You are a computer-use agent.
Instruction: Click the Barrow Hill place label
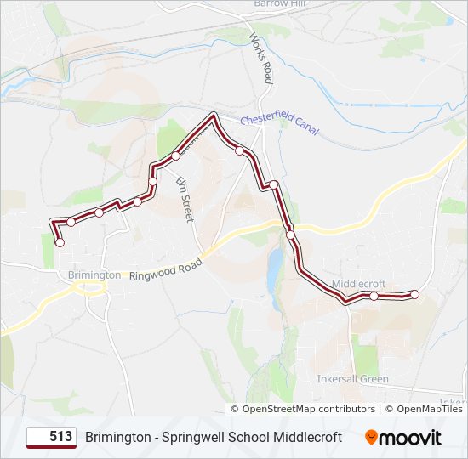tap(280, 3)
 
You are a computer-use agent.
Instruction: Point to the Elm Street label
tap(185, 200)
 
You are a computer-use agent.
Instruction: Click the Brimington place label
tap(94, 275)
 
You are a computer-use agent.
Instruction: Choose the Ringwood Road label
tap(166, 269)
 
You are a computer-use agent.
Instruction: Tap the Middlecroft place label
tap(358, 283)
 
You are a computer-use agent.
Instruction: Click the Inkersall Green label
tap(352, 379)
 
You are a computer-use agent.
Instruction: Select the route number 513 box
tap(51, 437)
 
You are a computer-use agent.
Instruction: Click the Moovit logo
tap(403, 438)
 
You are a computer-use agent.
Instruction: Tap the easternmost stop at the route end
tap(415, 294)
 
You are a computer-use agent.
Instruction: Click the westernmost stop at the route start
tap(60, 243)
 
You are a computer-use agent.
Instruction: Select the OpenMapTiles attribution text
tap(429, 409)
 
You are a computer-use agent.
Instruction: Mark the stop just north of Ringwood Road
tap(290, 235)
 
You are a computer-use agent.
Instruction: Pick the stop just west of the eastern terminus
tap(374, 296)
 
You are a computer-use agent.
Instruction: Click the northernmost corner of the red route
tap(213, 114)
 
